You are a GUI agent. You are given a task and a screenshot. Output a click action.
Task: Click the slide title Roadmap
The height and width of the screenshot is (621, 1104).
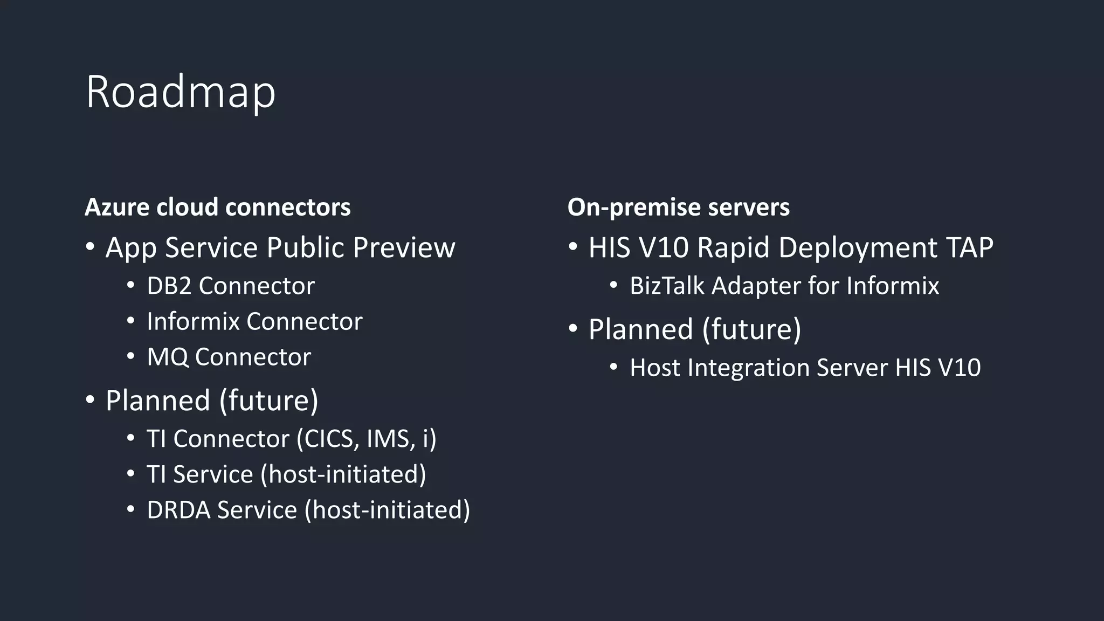(181, 93)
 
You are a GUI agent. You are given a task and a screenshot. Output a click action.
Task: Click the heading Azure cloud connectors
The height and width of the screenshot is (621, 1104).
(218, 207)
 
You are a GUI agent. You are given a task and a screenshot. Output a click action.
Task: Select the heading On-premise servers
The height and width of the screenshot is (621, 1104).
(678, 207)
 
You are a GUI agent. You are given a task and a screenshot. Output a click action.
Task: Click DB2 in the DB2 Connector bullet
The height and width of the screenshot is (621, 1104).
(169, 286)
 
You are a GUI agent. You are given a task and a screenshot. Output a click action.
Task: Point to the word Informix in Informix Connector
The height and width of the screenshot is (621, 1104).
(193, 321)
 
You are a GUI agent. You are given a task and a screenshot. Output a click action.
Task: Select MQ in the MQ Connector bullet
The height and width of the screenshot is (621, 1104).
(168, 357)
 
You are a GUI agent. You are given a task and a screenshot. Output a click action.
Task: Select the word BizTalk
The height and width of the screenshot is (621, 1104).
(667, 286)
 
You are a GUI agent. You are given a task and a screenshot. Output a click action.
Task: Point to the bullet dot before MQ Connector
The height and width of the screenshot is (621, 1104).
(131, 356)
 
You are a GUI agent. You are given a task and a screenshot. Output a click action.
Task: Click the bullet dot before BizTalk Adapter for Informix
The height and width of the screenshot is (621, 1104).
(614, 285)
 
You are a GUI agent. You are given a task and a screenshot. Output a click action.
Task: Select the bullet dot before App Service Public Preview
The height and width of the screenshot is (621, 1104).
(91, 247)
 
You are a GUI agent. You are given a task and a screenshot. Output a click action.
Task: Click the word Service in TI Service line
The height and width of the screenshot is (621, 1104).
(213, 474)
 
